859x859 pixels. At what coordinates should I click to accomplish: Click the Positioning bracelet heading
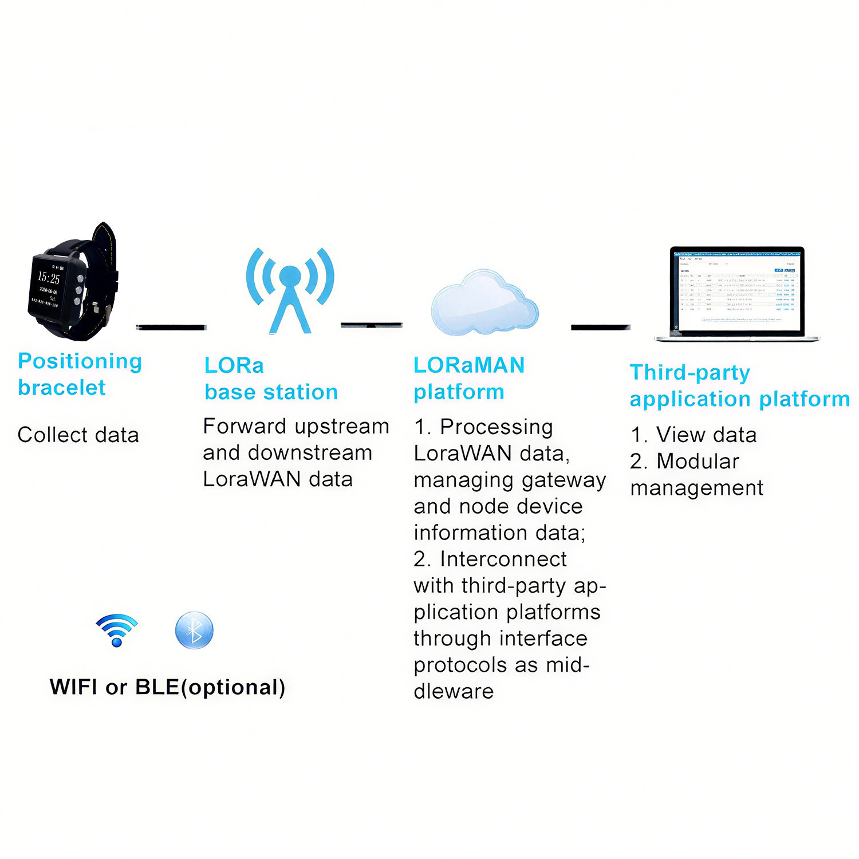[x=80, y=374]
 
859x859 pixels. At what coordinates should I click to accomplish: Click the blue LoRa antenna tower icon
[x=290, y=291]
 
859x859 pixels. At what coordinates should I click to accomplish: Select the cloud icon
[x=484, y=304]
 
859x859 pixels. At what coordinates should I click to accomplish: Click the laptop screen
[x=737, y=290]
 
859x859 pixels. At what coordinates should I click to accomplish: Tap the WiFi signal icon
[x=117, y=631]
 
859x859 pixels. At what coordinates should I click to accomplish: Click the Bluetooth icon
[x=194, y=631]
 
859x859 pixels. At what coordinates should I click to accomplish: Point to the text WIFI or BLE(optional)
[x=167, y=687]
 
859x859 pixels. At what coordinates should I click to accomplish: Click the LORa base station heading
[x=271, y=379]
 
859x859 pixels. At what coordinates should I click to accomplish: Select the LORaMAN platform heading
[x=469, y=379]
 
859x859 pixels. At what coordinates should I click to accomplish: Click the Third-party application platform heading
[x=739, y=385]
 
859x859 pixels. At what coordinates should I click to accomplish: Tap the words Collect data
[x=78, y=435]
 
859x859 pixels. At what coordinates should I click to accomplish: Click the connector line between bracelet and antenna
[x=171, y=327]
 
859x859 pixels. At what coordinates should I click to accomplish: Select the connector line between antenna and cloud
[x=372, y=325]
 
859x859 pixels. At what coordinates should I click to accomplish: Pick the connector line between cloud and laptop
[x=600, y=327]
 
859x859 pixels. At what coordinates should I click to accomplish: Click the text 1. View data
[x=693, y=435]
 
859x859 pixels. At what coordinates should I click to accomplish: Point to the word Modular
[x=698, y=462]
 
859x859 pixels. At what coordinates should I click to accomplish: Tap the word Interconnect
[x=503, y=559]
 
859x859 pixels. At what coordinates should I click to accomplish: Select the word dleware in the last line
[x=454, y=691]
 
